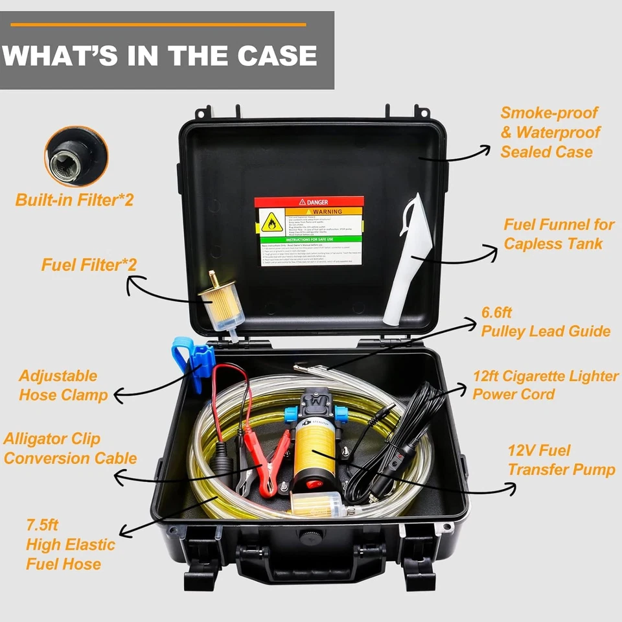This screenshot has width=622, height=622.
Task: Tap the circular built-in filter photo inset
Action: (76, 156)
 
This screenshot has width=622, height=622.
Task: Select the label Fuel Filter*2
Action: (89, 265)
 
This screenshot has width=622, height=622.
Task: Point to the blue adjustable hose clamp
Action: (193, 363)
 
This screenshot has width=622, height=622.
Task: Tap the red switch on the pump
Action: (313, 483)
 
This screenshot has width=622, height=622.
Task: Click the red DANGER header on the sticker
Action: (309, 202)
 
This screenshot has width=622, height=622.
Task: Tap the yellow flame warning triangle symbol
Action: (271, 222)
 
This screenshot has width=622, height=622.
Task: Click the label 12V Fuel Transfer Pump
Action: (560, 460)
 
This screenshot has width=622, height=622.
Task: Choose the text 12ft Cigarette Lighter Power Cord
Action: (544, 385)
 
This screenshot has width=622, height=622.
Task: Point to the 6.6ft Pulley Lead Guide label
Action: (545, 321)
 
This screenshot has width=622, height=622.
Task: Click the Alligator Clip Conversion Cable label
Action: (69, 448)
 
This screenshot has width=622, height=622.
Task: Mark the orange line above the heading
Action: (158, 25)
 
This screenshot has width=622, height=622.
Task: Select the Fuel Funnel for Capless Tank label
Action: (559, 235)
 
